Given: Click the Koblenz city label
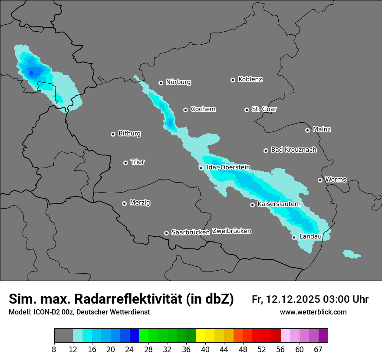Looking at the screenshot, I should click(250, 79).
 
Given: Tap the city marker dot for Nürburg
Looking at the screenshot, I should click(161, 82).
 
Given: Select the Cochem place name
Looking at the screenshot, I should click(203, 109).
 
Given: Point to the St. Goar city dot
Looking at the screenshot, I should click(247, 110).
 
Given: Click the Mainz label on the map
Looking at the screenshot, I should click(322, 129).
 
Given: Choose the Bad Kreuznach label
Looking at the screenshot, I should click(293, 150).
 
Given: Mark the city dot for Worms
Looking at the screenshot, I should click(320, 180).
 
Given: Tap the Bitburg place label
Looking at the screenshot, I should click(129, 134).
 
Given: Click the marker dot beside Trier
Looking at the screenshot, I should click(125, 163).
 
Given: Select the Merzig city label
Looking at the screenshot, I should click(140, 203).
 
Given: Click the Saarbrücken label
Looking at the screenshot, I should click(190, 232).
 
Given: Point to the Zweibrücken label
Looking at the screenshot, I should click(231, 231).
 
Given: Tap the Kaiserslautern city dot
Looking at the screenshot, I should click(252, 205).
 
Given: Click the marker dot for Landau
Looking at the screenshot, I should click(294, 237).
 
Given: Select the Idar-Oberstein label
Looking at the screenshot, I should click(228, 167).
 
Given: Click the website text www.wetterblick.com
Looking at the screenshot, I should click(313, 312).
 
